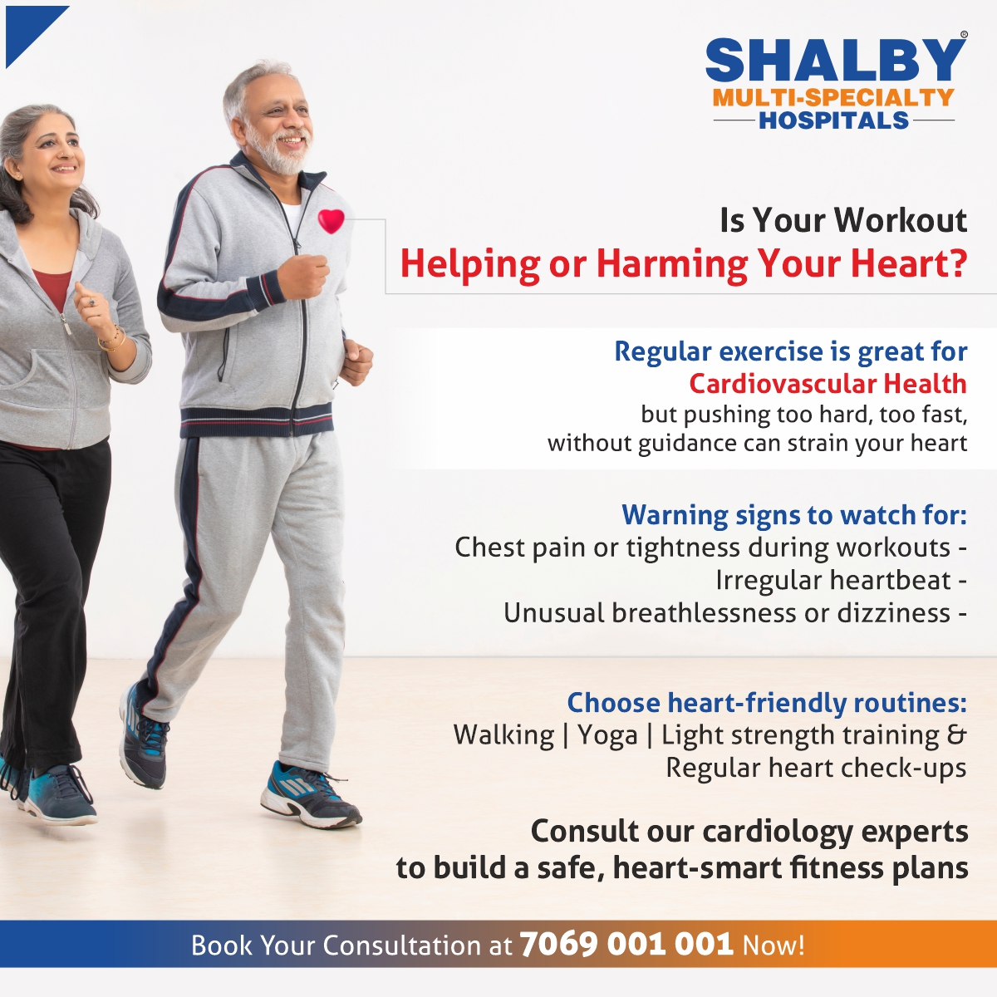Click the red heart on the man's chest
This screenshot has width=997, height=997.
point(331,220)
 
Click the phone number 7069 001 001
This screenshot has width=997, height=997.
point(626,944)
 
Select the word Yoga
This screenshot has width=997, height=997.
point(608,736)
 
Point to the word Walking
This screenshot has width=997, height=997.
point(503,736)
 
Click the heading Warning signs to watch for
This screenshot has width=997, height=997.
point(793,515)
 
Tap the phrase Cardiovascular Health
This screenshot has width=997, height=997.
point(828,384)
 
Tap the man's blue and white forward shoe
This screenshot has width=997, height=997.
point(309,796)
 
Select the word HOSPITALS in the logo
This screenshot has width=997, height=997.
point(833,121)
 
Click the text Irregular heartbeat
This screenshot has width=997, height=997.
point(832,581)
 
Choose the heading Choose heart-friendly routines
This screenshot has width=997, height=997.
point(766,703)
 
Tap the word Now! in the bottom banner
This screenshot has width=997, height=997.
point(774,945)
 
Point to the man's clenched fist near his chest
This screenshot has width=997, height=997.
point(303,276)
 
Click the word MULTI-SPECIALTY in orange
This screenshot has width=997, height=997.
point(832,98)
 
